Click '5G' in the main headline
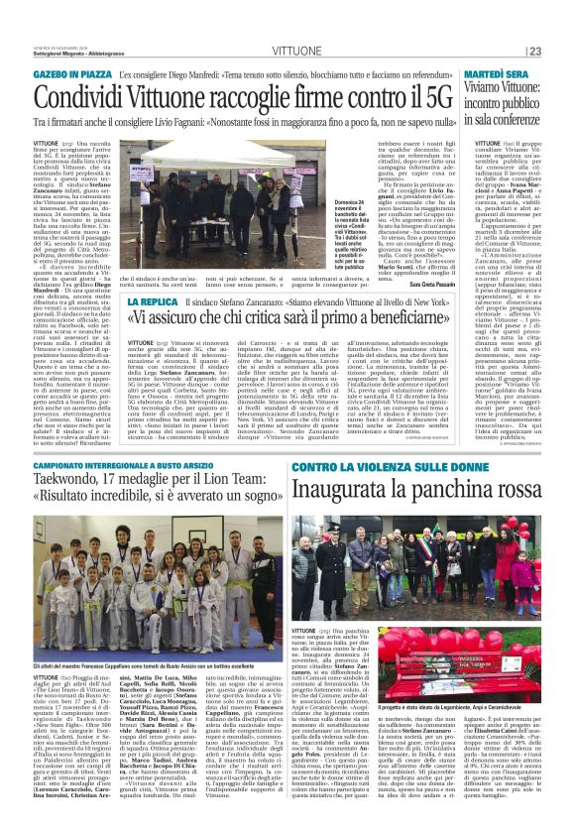tap(430, 98)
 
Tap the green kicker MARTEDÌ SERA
tap(507, 74)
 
